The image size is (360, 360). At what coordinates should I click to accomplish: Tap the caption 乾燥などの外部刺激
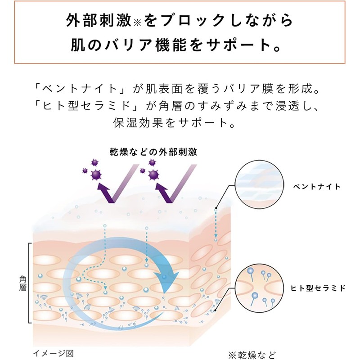coord(153,151)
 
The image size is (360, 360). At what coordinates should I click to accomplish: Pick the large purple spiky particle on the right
coord(153,175)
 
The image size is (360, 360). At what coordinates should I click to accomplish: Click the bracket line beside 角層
coord(30,283)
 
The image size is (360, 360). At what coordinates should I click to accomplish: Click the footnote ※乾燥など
coord(251,354)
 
